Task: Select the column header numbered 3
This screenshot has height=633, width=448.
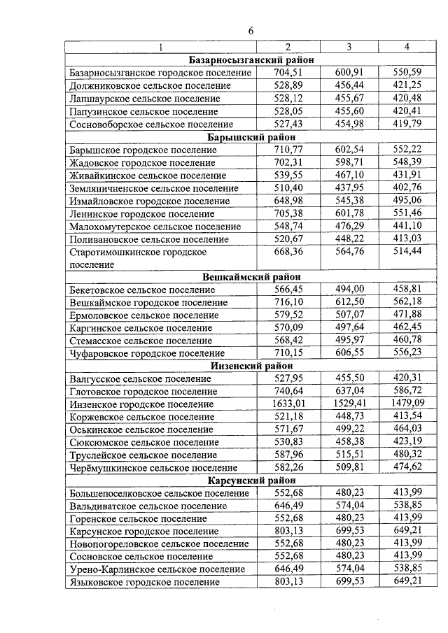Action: tap(349, 47)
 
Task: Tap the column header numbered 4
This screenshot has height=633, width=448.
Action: tap(407, 47)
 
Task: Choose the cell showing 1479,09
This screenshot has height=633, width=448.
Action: tap(407, 404)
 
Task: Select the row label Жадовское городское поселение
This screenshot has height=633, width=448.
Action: tap(143, 163)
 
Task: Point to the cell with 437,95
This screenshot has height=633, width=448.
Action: tap(349, 187)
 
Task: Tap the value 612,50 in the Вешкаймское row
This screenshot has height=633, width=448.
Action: tap(349, 302)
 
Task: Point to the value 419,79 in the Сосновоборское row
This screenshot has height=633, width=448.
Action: tap(407, 124)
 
